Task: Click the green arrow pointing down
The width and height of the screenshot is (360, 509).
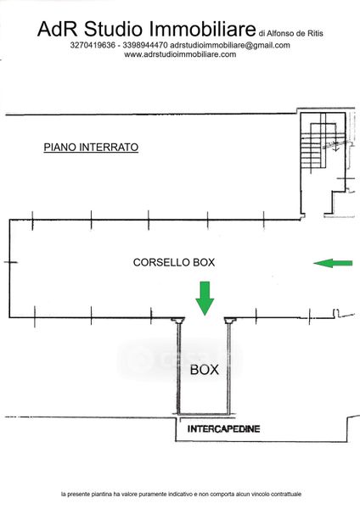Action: pyautogui.click(x=205, y=299)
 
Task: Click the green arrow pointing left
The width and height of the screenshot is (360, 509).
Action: pyautogui.click(x=333, y=263)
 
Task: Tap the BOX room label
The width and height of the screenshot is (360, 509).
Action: pyautogui.click(x=205, y=370)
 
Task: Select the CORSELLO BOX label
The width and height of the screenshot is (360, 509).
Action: pyautogui.click(x=174, y=262)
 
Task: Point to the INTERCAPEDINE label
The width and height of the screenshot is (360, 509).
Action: pyautogui.click(x=224, y=429)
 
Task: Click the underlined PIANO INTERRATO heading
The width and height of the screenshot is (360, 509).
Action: pyautogui.click(x=91, y=148)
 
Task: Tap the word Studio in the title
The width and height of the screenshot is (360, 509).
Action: pyautogui.click(x=113, y=29)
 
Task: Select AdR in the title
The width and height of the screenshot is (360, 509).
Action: pyautogui.click(x=57, y=29)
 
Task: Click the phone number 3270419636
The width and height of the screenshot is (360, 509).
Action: pyautogui.click(x=93, y=45)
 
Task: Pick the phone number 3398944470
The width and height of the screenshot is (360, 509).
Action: pyautogui.click(x=145, y=45)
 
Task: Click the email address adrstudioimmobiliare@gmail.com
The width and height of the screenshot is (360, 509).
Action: pyautogui.click(x=230, y=45)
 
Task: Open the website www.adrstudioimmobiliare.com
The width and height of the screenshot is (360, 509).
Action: pyautogui.click(x=180, y=54)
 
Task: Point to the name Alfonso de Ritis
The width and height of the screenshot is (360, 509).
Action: pyautogui.click(x=295, y=33)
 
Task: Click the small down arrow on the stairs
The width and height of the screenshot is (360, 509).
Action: pyautogui.click(x=336, y=148)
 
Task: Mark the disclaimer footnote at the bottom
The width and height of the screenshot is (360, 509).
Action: pyautogui.click(x=181, y=494)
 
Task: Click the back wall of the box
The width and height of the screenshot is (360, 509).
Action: pyautogui.click(x=204, y=414)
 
